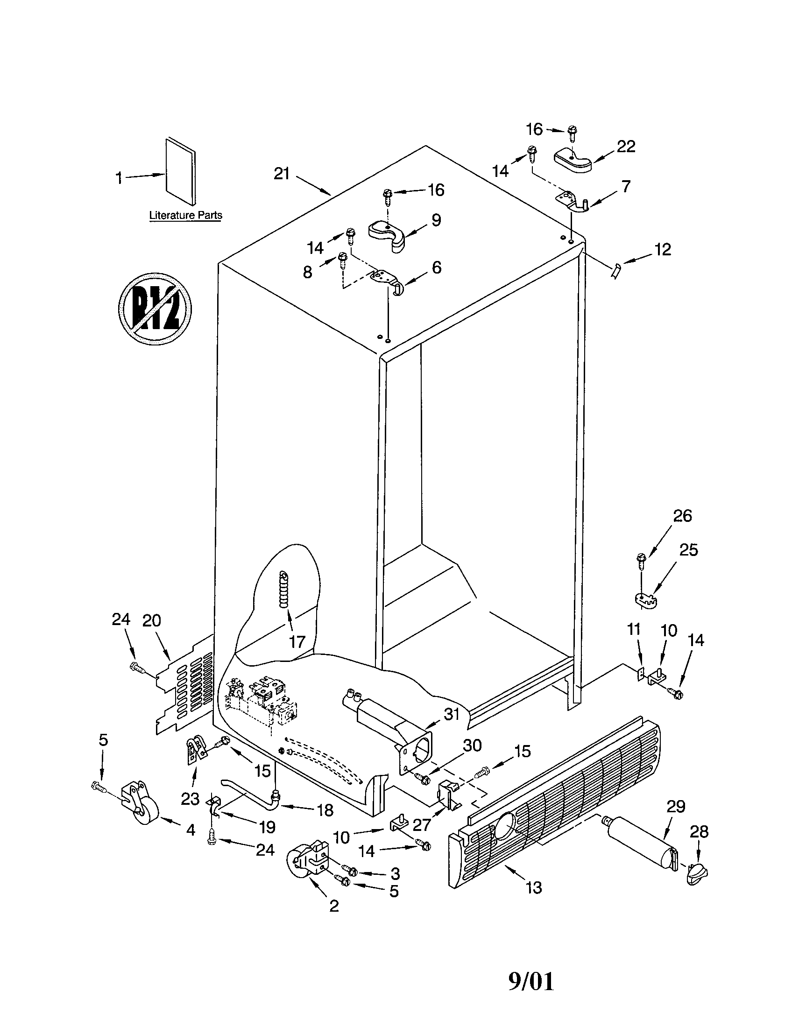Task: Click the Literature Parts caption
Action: pyautogui.click(x=185, y=215)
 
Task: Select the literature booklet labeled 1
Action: pyautogui.click(x=180, y=172)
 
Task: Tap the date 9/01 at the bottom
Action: pyautogui.click(x=531, y=982)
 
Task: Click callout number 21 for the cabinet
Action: pyautogui.click(x=281, y=174)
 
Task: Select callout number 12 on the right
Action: pyautogui.click(x=662, y=249)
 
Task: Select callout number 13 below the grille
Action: pyautogui.click(x=534, y=888)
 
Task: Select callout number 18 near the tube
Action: pyautogui.click(x=325, y=810)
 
